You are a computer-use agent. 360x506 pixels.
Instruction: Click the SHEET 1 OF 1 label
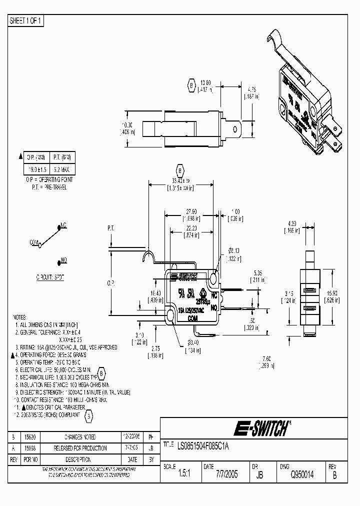click(26, 20)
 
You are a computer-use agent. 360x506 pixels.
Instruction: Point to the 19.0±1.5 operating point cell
click(36, 170)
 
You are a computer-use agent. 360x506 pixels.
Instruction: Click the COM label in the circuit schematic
click(34, 242)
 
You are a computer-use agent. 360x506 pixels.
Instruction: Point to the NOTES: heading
click(20, 317)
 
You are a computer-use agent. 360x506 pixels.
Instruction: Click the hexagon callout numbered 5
click(89, 415)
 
